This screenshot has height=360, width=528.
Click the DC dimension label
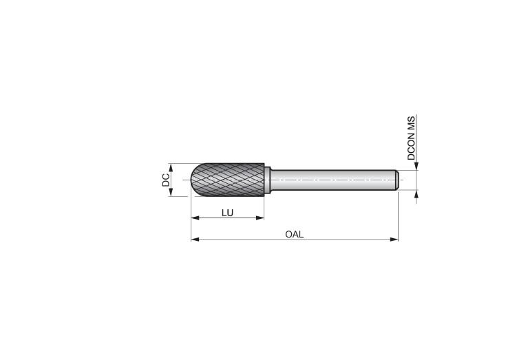click(x=166, y=180)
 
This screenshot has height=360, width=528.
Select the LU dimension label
click(x=228, y=213)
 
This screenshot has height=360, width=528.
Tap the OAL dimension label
click(x=295, y=235)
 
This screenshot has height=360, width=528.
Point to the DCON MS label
click(x=411, y=138)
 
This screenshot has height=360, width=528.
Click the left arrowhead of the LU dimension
click(x=195, y=218)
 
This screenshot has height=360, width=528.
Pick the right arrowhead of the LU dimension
click(x=260, y=218)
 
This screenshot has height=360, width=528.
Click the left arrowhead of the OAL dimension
click(x=195, y=240)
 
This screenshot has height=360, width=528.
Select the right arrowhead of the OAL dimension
click(x=394, y=240)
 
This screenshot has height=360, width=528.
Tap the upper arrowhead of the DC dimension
click(x=171, y=168)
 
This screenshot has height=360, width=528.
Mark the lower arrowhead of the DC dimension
click(x=171, y=192)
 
